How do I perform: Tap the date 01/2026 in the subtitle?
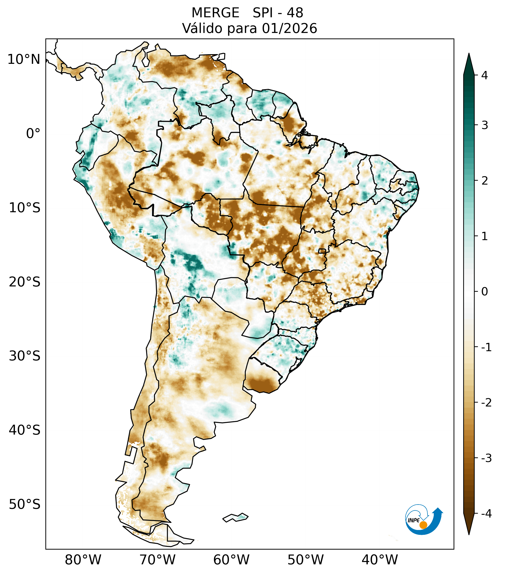click(x=289, y=28)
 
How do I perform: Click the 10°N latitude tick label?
click(x=24, y=59)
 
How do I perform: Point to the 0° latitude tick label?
click(x=33, y=134)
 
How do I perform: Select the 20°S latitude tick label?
click(x=25, y=282)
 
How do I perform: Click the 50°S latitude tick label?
click(x=25, y=504)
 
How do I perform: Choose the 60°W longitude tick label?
click(x=231, y=559)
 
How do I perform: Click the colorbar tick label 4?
click(x=484, y=75)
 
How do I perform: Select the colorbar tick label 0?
click(x=484, y=292)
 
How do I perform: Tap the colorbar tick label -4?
click(x=486, y=514)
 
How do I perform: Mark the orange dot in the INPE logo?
click(x=423, y=525)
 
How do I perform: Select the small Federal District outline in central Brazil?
click(x=322, y=251)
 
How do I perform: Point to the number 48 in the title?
click(x=295, y=13)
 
